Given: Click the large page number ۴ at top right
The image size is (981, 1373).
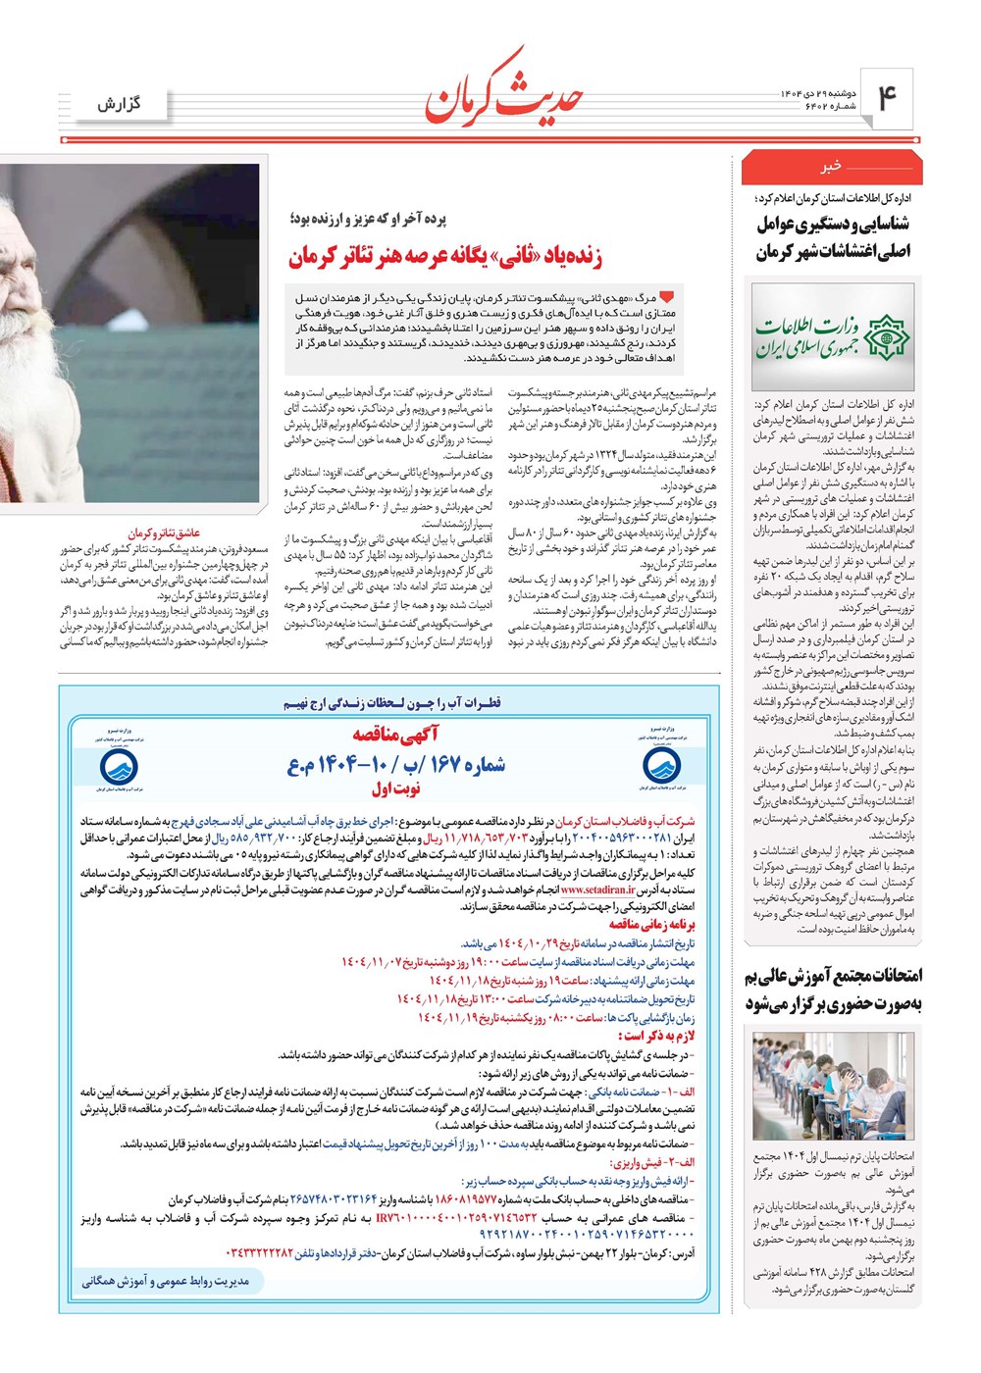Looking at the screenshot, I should [x=887, y=99].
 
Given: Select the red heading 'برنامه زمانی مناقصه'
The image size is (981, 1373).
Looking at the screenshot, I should [x=651, y=924].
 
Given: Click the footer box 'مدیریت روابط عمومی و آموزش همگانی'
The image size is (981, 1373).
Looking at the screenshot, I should [x=164, y=1282].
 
